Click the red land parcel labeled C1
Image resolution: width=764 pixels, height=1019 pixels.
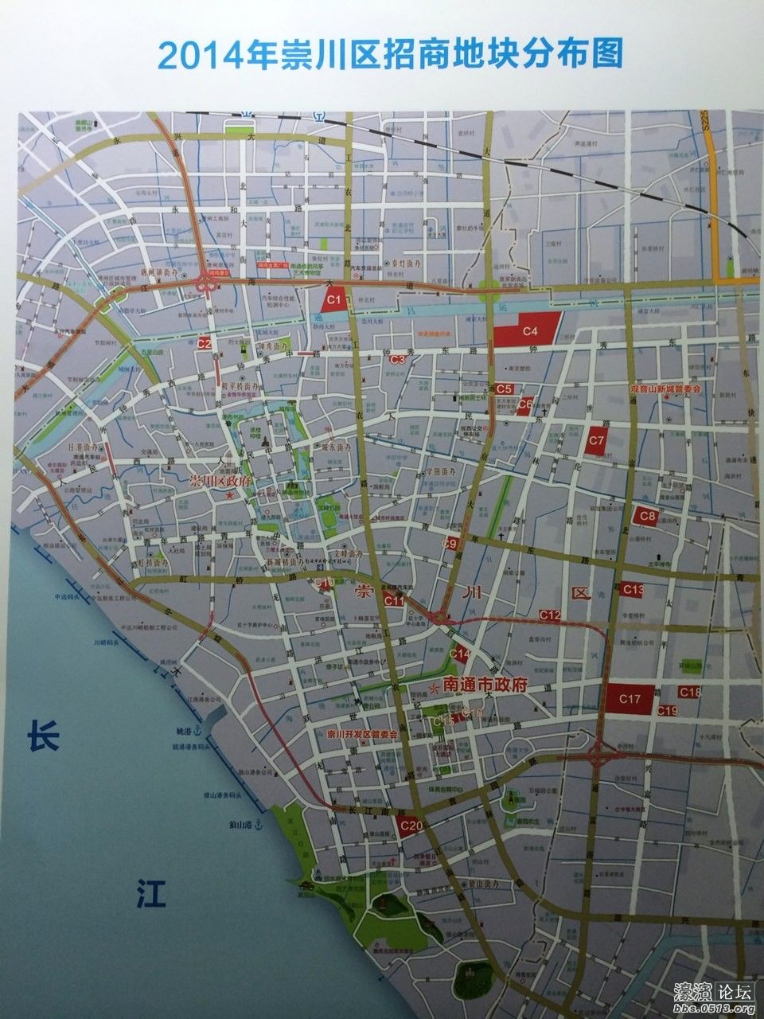(333, 300)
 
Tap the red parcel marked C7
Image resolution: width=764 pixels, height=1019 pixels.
(597, 440)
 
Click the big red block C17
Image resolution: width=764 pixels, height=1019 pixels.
(630, 698)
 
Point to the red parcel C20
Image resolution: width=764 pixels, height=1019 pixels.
(410, 826)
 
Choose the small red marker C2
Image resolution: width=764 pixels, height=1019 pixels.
(205, 343)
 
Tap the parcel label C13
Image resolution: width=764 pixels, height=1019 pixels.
(633, 589)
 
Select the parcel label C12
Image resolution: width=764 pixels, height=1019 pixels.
(550, 615)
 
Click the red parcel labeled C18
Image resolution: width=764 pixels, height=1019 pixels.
(689, 692)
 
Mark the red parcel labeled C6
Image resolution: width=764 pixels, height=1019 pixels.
(524, 405)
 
